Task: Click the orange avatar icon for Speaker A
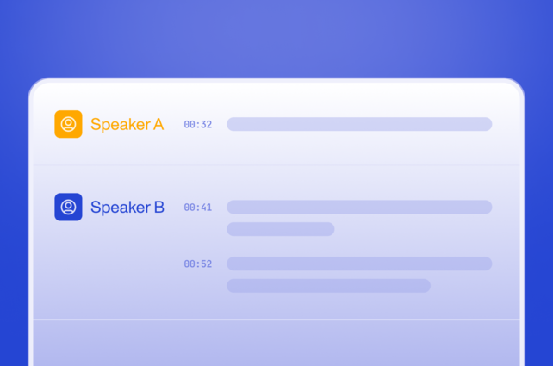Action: click(x=68, y=124)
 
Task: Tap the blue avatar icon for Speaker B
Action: click(x=68, y=207)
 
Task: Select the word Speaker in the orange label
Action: click(x=120, y=125)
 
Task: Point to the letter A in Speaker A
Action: click(x=158, y=124)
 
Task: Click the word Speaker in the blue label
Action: click(x=120, y=208)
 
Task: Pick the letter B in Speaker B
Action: click(x=158, y=207)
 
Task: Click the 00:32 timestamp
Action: click(x=197, y=125)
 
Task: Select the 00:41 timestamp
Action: click(x=197, y=208)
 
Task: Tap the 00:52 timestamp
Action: click(x=197, y=264)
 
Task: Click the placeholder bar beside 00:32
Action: click(x=359, y=124)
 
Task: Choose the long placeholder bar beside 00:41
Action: click(x=359, y=207)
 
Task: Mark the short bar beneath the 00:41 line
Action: click(x=280, y=229)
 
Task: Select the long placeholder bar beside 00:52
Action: click(x=359, y=264)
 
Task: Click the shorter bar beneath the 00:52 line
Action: click(x=328, y=286)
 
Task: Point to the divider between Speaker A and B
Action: click(x=276, y=164)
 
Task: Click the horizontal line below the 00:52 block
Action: click(x=276, y=320)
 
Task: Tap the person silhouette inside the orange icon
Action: click(x=68, y=123)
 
